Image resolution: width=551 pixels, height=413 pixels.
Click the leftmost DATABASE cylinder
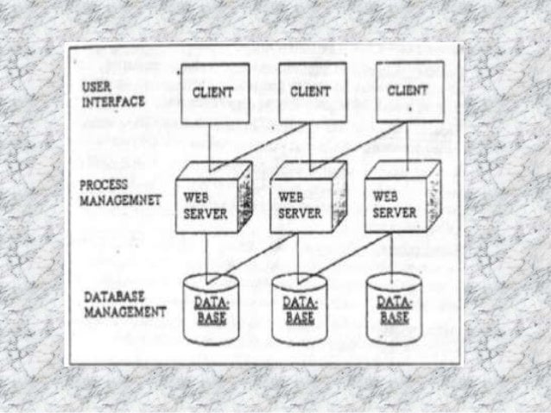[x=211, y=309]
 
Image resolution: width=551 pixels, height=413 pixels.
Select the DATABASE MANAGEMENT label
[x=124, y=304]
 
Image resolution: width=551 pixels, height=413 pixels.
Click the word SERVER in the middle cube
[x=294, y=212]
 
